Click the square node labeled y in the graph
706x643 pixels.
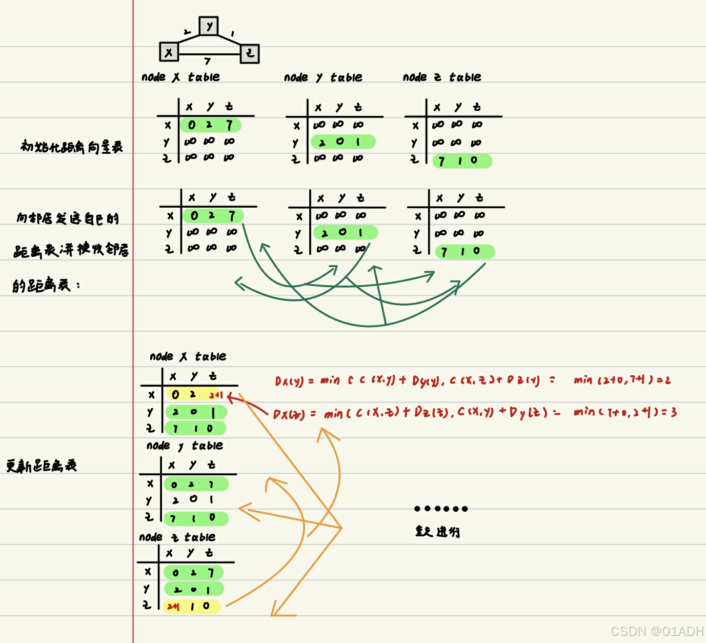tap(209, 26)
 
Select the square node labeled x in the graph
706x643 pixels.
tap(169, 52)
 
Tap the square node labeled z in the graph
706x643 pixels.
tap(250, 53)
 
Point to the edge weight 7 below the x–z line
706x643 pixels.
tap(207, 62)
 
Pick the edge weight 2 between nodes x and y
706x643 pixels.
tap(187, 32)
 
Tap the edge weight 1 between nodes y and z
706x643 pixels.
tap(232, 34)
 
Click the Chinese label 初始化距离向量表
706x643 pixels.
tap(72, 147)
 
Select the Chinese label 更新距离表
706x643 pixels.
tap(42, 466)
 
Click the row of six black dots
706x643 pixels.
tap(441, 509)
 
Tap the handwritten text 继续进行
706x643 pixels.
tap(437, 531)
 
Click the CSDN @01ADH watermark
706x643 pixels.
tap(657, 631)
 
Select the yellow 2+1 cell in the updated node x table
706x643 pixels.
tap(216, 395)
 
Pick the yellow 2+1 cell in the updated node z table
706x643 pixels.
tap(173, 607)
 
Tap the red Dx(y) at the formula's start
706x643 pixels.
tap(289, 381)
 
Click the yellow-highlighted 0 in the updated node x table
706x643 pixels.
tap(175, 394)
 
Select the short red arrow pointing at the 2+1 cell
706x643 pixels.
tap(246, 403)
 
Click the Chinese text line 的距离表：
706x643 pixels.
tap(46, 285)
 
